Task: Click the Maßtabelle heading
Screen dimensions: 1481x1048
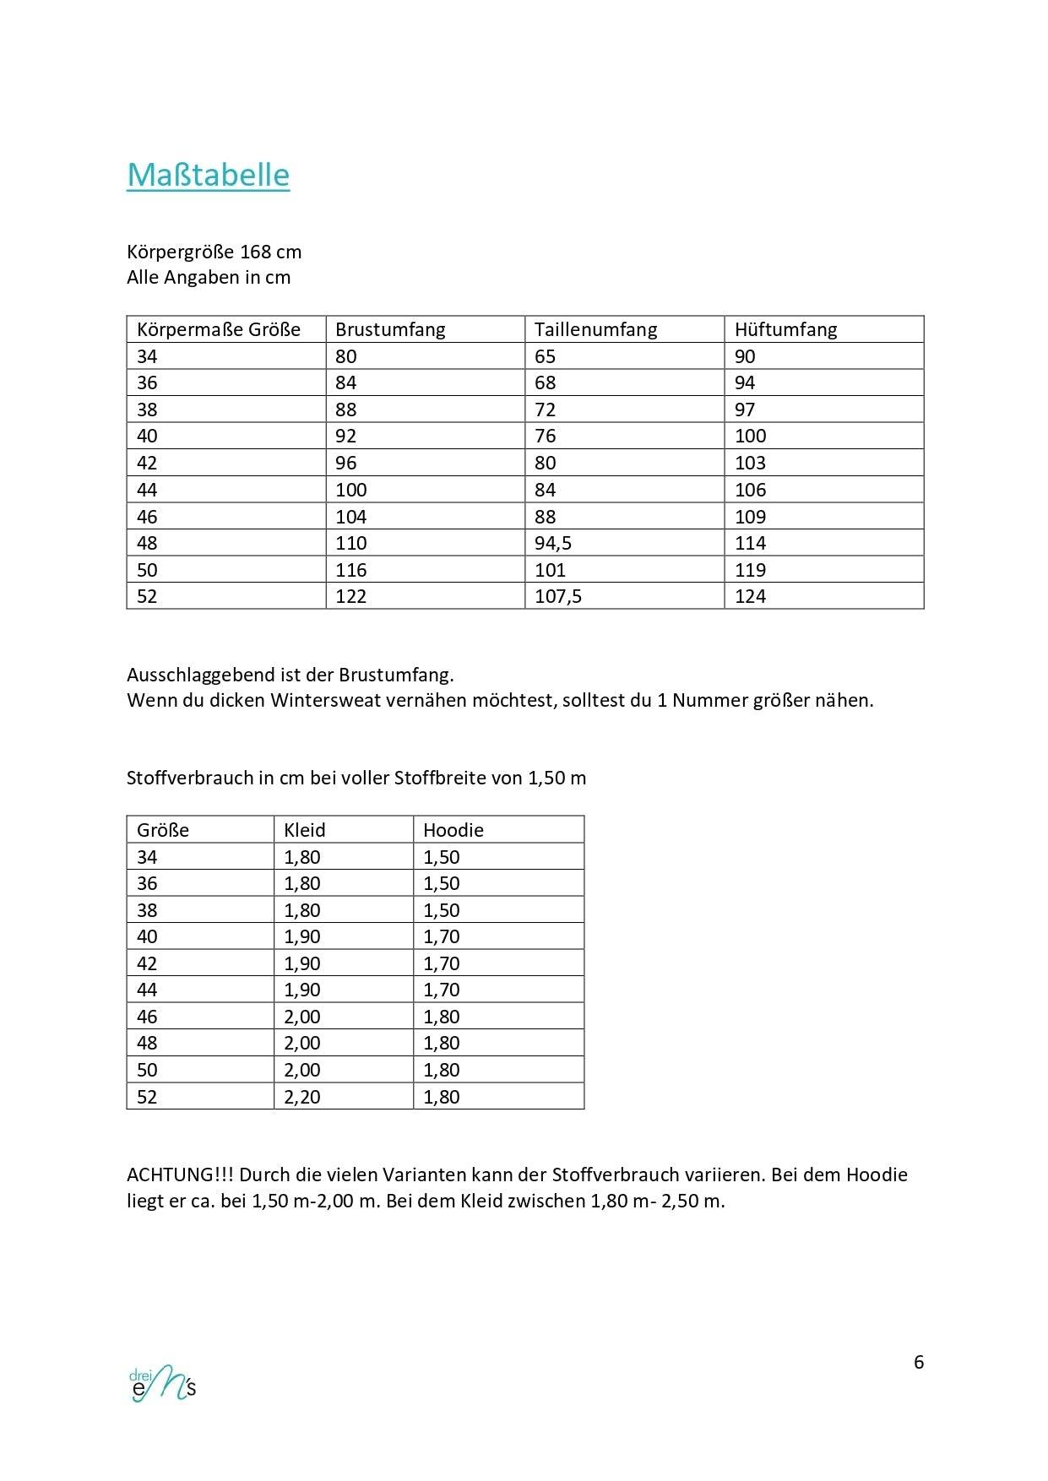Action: (x=208, y=175)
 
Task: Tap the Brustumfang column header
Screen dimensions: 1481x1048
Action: (x=390, y=329)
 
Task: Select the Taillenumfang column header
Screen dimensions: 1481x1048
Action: (x=595, y=329)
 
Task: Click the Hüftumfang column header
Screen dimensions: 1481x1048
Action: (x=785, y=329)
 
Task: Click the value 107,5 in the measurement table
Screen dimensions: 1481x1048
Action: (x=558, y=596)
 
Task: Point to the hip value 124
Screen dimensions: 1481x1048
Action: (x=750, y=596)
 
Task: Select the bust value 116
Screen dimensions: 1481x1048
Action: (x=350, y=570)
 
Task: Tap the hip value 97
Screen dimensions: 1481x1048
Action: (x=744, y=410)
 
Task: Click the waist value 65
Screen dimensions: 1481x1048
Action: (x=545, y=356)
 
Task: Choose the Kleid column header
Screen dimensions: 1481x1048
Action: (x=304, y=830)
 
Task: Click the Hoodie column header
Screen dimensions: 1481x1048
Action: (x=453, y=830)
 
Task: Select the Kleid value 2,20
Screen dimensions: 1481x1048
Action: (x=301, y=1097)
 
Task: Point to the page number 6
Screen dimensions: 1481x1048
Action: (x=919, y=1362)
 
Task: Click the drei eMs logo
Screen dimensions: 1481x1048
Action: (x=162, y=1382)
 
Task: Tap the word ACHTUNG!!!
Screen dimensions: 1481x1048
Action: (x=180, y=1174)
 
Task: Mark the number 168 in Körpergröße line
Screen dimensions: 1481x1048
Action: (x=255, y=252)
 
